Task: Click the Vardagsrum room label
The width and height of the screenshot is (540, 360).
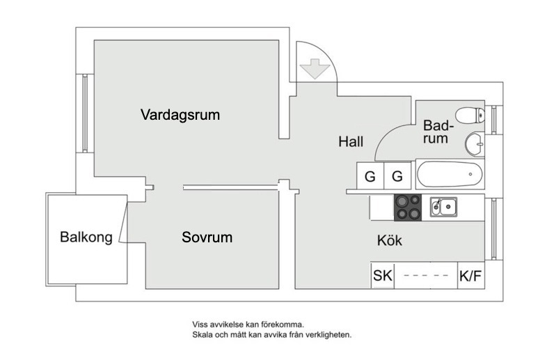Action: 180,114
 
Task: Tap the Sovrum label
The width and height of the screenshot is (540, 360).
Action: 207,237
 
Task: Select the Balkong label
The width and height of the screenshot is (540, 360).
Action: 86,237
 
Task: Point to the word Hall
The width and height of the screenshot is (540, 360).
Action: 351,142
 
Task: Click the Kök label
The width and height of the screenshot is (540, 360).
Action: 390,241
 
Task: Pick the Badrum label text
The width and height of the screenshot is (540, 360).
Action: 437,132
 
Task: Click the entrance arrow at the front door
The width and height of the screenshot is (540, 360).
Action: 313,69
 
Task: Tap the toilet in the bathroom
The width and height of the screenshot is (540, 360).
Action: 469,115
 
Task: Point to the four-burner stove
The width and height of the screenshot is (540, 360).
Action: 408,206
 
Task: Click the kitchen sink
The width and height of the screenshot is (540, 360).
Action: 443,206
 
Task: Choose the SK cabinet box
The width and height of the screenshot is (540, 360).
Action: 383,276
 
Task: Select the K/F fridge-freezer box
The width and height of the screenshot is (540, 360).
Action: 470,276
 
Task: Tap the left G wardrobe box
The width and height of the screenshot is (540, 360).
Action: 370,177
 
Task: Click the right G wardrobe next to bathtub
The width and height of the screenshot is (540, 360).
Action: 397,177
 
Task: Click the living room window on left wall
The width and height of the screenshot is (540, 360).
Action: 86,113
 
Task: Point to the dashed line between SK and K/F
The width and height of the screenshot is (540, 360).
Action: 426,276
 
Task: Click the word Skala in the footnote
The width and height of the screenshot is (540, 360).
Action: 205,334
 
